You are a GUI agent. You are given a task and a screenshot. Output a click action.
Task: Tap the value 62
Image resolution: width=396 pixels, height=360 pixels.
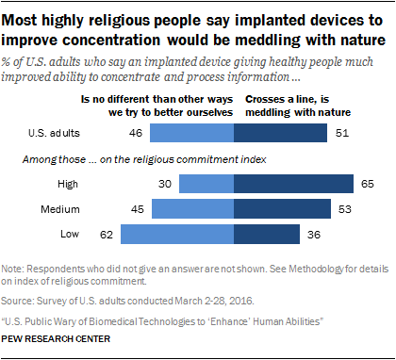click(107, 233)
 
